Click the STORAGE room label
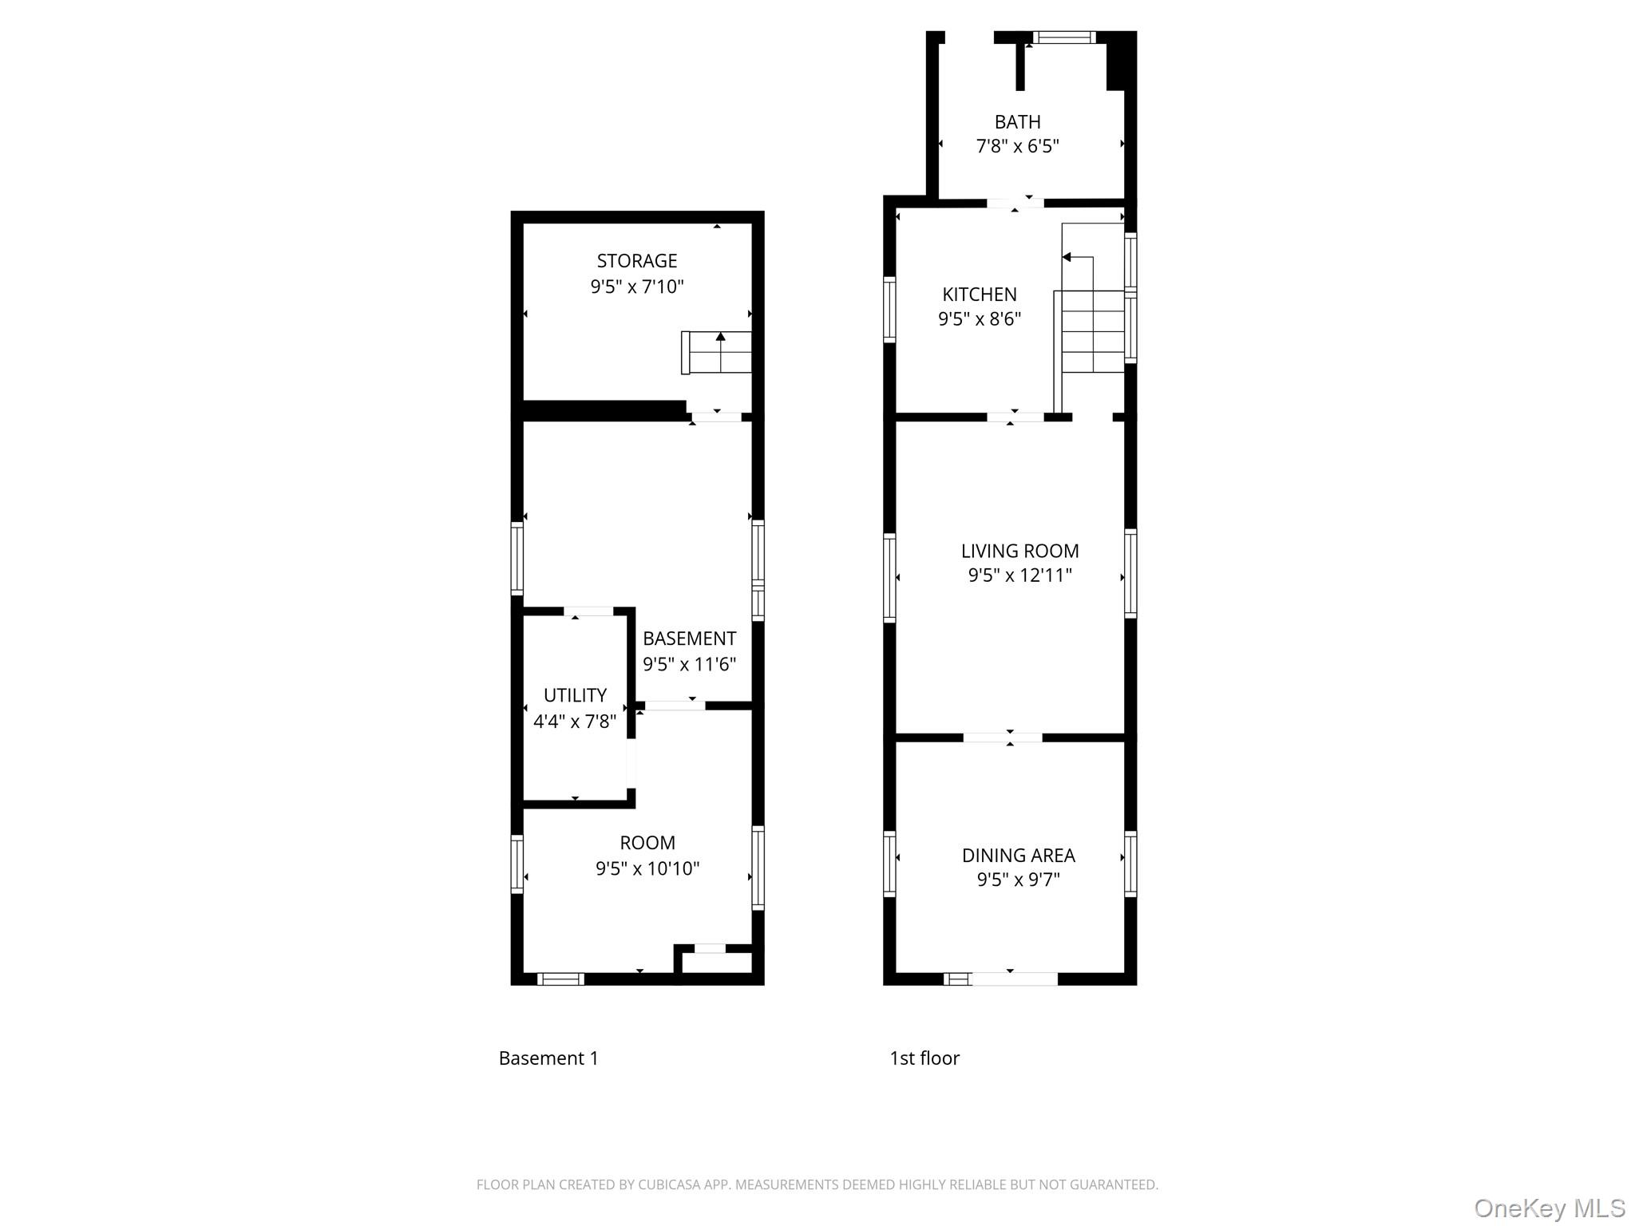pos(636,261)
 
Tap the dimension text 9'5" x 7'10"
pos(636,287)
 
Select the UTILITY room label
pos(575,695)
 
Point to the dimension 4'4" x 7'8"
pos(575,722)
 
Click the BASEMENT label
pos(689,639)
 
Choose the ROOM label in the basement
pos(647,843)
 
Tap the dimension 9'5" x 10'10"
pos(647,868)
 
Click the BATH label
pos(1017,122)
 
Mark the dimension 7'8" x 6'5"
pos(1017,147)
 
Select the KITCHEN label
pos(980,295)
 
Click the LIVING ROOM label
pos(1019,551)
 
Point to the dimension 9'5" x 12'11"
pos(1019,575)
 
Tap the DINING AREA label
pos(1018,856)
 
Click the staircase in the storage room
pos(718,352)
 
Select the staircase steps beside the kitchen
pos(1092,332)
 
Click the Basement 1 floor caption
pos(548,1058)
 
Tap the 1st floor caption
pos(924,1058)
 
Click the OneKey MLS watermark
pos(1549,1208)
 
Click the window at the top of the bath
pos(1063,37)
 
